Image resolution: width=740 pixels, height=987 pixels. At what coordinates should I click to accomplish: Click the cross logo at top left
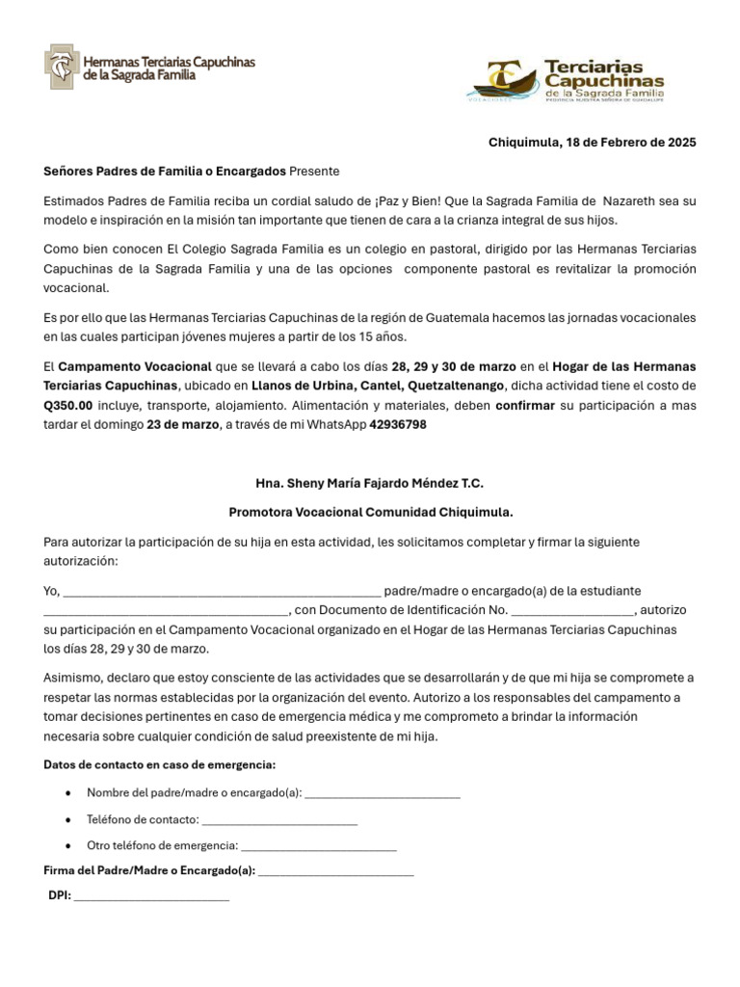tap(63, 67)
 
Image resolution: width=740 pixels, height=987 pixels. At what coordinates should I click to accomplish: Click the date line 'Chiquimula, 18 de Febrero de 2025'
tap(592, 143)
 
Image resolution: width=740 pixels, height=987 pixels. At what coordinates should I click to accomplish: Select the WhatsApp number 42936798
tap(398, 425)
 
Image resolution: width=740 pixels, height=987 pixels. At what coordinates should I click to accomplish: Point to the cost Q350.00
tap(68, 406)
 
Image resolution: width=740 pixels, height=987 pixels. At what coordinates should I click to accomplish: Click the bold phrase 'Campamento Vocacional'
tap(135, 367)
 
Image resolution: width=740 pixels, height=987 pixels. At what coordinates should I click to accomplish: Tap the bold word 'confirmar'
tap(525, 406)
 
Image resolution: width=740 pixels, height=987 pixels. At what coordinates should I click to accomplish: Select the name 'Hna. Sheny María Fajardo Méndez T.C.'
tap(370, 483)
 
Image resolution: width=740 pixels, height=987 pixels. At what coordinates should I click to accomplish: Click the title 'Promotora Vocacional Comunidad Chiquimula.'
tap(370, 513)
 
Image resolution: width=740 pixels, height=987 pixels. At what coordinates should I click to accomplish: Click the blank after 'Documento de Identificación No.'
tap(572, 611)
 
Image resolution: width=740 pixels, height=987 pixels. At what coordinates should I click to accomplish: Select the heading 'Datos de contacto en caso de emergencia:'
tap(160, 765)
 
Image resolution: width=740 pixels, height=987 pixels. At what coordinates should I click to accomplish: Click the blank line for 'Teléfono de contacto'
tap(280, 820)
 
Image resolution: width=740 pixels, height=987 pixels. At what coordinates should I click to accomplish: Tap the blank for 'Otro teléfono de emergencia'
tap(319, 846)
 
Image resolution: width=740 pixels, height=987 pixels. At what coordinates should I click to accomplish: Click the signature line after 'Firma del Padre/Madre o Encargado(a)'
tap(336, 871)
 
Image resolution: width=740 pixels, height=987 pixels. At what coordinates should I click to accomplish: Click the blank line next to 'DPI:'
tap(151, 896)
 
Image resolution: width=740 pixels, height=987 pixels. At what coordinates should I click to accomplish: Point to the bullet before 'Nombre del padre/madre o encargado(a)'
tap(66, 793)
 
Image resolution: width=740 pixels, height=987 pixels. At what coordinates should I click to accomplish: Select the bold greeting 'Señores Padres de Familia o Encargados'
tap(165, 172)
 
